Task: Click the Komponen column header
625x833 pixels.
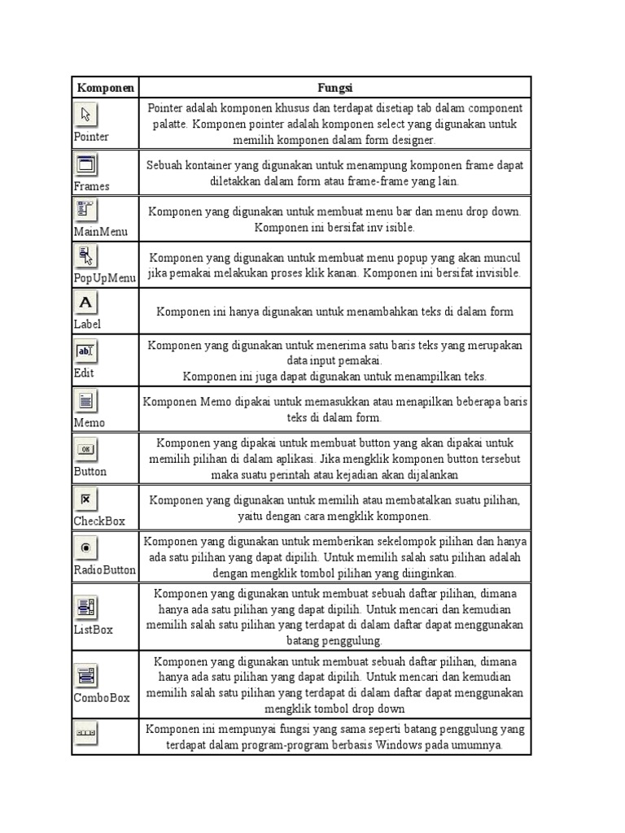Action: pos(105,87)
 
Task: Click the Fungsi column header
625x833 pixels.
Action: pos(334,87)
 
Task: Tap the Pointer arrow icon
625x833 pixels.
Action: pos(85,115)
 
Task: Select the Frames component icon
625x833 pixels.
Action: pos(85,164)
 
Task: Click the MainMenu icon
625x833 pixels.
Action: pos(85,210)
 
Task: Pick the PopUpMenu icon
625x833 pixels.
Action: pos(85,256)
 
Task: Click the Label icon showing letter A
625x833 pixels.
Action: pos(85,303)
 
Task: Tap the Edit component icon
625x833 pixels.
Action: pos(85,351)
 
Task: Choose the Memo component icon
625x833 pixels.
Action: pos(85,401)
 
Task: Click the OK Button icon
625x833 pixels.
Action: pos(85,449)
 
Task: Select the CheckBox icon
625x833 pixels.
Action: pos(85,498)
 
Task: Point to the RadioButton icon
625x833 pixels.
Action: pos(85,548)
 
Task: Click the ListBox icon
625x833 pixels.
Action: pos(85,607)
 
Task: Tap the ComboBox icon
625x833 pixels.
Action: pos(85,674)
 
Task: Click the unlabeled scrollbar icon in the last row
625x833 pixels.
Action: pos(85,733)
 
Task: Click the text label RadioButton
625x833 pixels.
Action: pos(104,570)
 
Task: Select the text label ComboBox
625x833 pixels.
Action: pos(102,698)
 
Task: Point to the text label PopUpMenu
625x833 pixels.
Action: pos(104,278)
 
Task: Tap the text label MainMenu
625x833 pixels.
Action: pos(101,232)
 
